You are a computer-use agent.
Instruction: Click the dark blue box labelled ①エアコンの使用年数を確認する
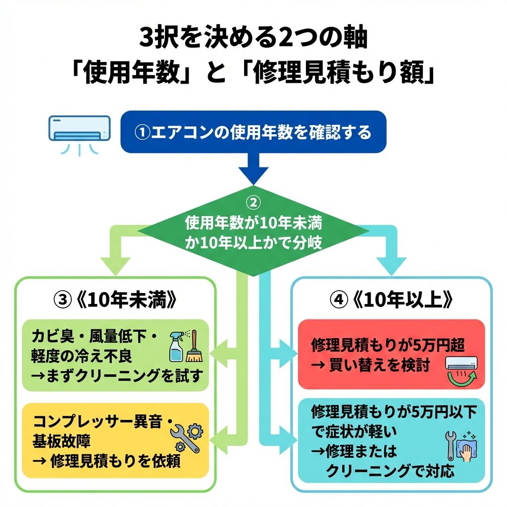coord(253,132)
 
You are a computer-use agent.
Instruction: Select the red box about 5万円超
coord(391,354)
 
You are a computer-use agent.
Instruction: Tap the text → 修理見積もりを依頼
coord(106,461)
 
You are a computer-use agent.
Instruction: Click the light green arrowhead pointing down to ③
coord(115,265)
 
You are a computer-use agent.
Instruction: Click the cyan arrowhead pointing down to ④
coord(391,265)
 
